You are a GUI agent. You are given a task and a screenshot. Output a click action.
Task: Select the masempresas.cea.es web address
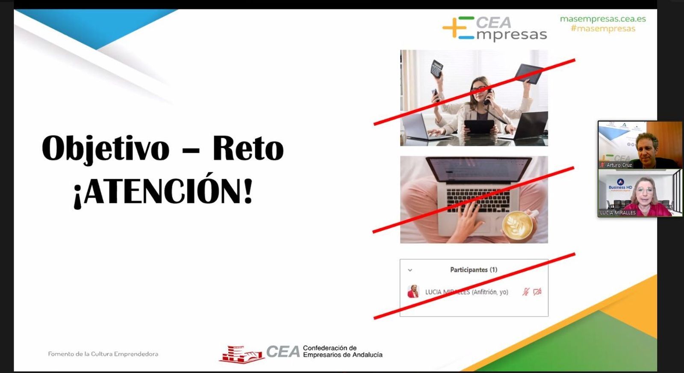point(603,19)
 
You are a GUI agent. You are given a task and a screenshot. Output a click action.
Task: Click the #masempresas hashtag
point(603,29)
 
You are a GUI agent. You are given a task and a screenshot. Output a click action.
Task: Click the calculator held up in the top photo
point(436,68)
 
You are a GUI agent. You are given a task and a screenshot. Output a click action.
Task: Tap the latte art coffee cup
point(517,225)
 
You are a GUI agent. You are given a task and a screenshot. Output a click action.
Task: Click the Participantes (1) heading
point(473,269)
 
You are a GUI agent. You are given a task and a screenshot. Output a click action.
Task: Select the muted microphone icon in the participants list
point(526,292)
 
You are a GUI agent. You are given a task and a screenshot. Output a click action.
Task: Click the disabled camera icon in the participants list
point(537,292)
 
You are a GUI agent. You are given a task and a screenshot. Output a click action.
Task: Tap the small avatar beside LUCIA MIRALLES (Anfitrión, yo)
point(413,292)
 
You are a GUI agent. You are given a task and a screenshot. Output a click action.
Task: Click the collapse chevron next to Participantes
point(410,270)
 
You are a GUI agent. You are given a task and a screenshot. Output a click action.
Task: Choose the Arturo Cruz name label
point(619,165)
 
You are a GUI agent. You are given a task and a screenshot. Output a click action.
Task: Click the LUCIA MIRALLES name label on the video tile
point(618,213)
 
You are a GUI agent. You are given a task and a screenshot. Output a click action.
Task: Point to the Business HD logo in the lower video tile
point(620,184)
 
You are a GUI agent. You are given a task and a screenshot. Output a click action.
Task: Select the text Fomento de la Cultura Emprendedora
point(103,354)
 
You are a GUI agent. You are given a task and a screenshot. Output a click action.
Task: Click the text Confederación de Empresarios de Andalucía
point(342,351)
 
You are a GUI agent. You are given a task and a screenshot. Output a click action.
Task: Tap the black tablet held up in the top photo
point(530,73)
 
